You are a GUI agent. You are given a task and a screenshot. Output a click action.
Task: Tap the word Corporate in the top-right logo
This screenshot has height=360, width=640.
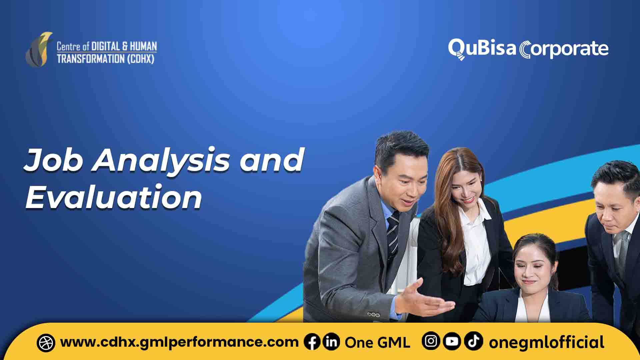point(564,50)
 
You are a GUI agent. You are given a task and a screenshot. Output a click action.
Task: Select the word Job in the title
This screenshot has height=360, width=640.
point(53,160)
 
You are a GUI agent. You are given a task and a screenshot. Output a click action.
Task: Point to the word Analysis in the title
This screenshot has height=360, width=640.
point(161,161)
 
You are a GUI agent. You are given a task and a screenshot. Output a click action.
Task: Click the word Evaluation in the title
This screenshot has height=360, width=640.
point(114,197)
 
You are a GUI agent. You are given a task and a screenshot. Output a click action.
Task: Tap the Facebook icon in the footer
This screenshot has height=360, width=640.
point(312,342)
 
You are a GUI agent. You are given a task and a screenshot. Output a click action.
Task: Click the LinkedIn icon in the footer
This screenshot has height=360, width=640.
point(331,342)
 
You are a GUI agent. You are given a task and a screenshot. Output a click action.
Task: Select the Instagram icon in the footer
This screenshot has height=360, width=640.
point(431,341)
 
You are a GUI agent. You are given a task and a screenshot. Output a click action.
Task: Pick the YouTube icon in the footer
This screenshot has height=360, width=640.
point(452,341)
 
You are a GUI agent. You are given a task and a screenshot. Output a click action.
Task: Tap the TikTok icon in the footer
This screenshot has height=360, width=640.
point(474,341)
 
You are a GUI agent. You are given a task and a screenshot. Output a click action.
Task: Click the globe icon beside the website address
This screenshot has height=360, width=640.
point(46,343)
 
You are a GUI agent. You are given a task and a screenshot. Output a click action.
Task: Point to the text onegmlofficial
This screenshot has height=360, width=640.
point(546,342)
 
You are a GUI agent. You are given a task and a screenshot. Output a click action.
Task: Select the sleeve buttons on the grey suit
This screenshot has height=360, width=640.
point(373,314)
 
